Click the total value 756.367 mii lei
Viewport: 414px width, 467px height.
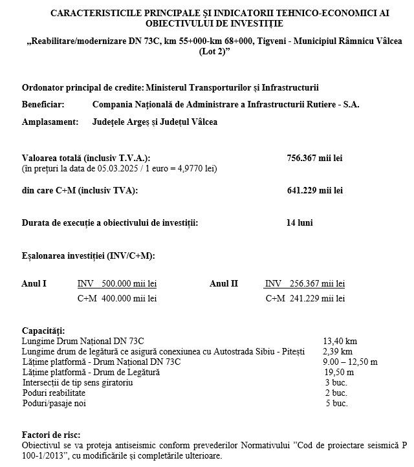pyautogui.click(x=314, y=158)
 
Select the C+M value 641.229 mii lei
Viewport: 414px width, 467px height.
pyautogui.click(x=314, y=190)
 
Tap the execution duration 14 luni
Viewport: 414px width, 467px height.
pyautogui.click(x=300, y=223)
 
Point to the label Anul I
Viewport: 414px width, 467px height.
pyautogui.click(x=34, y=283)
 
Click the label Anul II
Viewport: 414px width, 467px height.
pyautogui.click(x=224, y=283)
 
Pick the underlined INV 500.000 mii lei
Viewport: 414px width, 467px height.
pyautogui.click(x=117, y=283)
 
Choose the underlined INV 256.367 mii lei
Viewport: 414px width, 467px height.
pyautogui.click(x=305, y=283)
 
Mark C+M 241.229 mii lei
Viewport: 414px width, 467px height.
pyautogui.click(x=305, y=299)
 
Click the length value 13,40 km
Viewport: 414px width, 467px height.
pyautogui.click(x=340, y=341)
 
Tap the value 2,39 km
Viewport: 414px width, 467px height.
pyautogui.click(x=337, y=351)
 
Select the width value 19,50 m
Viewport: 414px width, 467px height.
pyautogui.click(x=339, y=372)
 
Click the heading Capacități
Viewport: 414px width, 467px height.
pyautogui.click(x=43, y=331)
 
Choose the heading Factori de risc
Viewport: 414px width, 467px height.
pyautogui.click(x=51, y=435)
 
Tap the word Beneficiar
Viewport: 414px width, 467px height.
pyautogui.click(x=43, y=103)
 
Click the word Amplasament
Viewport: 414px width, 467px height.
pyautogui.click(x=49, y=122)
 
